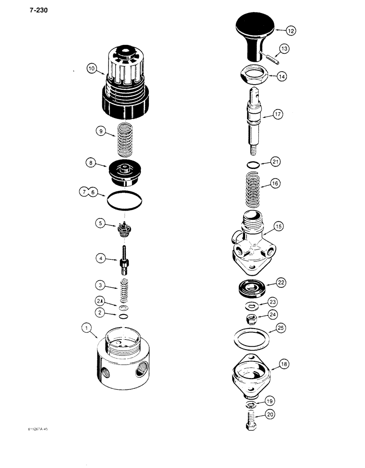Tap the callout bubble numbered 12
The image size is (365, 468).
coord(291,31)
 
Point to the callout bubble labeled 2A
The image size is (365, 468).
coord(99,301)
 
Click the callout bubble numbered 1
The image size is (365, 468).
coord(88,329)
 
